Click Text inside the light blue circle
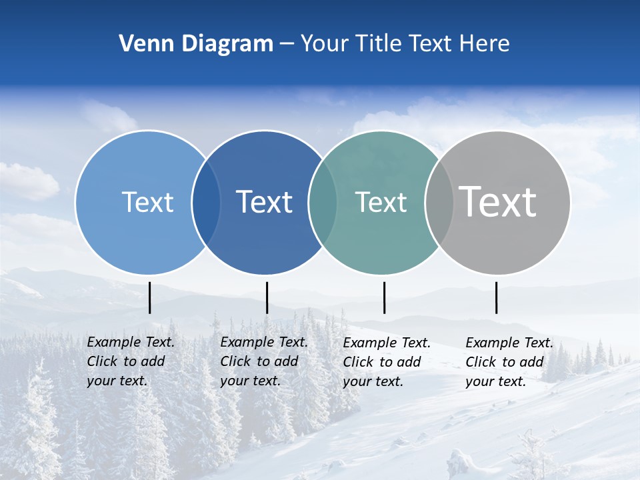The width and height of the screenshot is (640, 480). [x=147, y=202]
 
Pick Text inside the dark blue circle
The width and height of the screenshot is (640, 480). [x=264, y=202]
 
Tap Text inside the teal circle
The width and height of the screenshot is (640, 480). [x=381, y=202]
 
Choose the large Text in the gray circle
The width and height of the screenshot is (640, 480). [x=498, y=201]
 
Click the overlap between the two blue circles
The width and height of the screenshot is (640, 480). [x=206, y=202]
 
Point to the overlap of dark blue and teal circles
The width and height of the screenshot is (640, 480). [x=323, y=202]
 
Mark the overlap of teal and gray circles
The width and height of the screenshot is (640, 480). [x=439, y=202]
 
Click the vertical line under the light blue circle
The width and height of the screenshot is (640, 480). [x=150, y=297]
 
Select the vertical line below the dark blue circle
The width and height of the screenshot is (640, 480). [x=267, y=297]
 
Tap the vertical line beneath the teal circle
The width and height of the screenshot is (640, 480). [x=384, y=297]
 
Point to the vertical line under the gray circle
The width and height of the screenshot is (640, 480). [x=496, y=297]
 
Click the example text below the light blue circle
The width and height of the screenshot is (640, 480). [x=131, y=361]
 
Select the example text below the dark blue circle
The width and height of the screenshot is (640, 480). [x=264, y=361]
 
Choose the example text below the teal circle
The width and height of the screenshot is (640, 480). [x=387, y=362]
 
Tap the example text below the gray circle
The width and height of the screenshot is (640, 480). [x=509, y=362]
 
